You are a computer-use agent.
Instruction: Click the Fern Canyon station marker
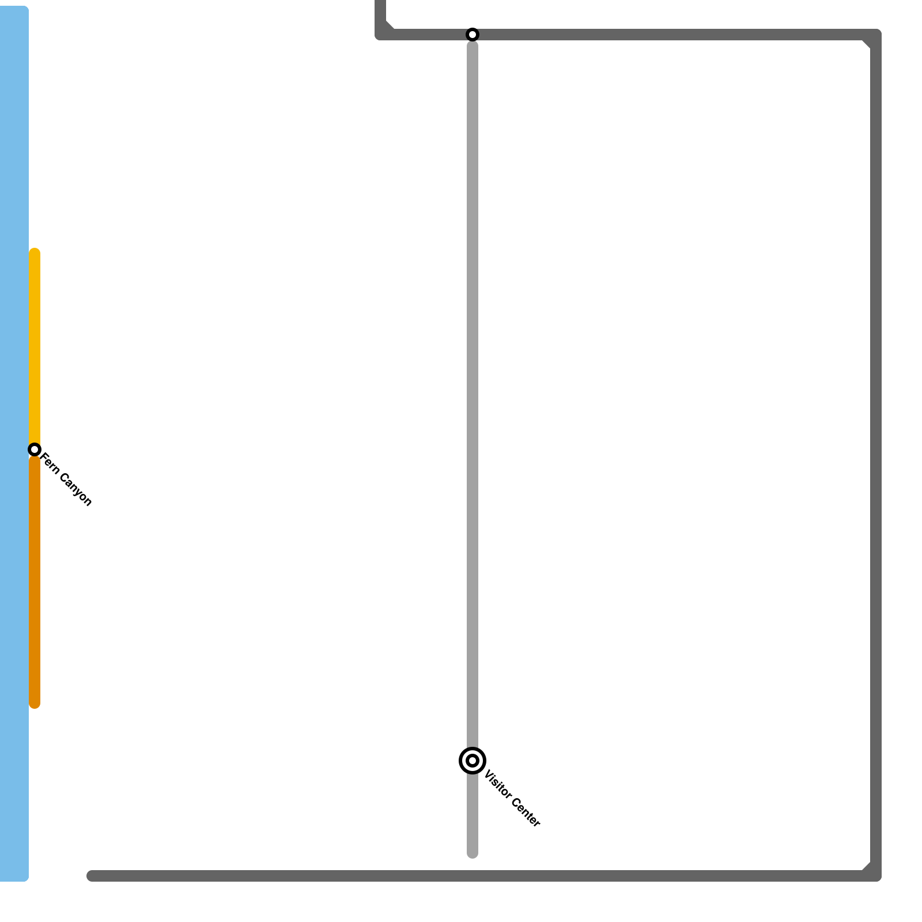(35, 449)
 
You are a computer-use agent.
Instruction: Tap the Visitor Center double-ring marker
(472, 761)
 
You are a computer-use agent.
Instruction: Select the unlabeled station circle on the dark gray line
(472, 35)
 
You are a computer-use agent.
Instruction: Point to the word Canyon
(75, 490)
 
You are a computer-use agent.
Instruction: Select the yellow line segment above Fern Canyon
(35, 346)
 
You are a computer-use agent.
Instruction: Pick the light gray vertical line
(472, 403)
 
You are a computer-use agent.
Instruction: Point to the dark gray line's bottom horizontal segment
(461, 876)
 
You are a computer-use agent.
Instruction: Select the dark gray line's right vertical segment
(876, 461)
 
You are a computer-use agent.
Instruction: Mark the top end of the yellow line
(35, 252)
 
